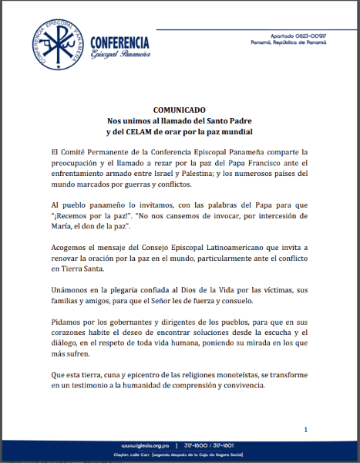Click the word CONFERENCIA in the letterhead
point(120,42)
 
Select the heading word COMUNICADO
point(179,110)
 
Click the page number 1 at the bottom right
point(305,429)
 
